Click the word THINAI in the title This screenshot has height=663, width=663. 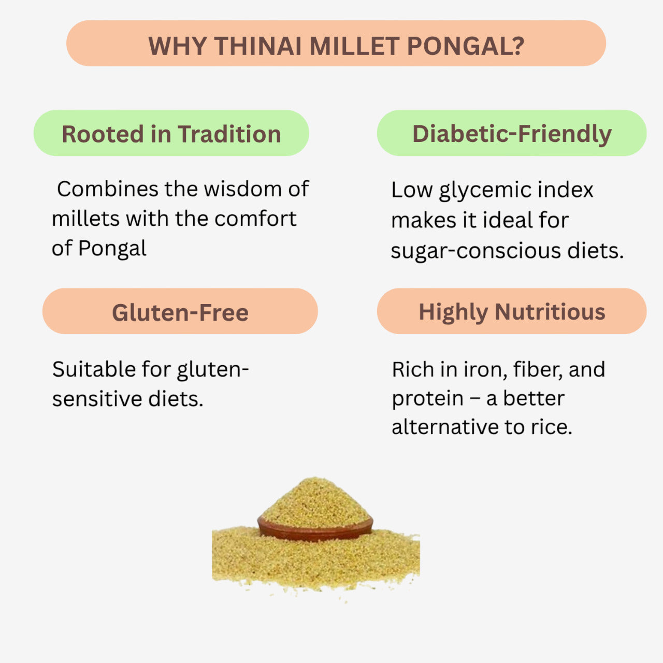258,46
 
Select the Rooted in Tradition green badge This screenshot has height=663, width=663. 171,134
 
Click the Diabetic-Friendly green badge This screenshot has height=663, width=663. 511,134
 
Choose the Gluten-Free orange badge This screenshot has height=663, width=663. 180,312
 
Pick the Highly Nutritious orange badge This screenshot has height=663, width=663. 511,312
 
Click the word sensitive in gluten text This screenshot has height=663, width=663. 98,399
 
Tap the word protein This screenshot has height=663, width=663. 427,399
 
